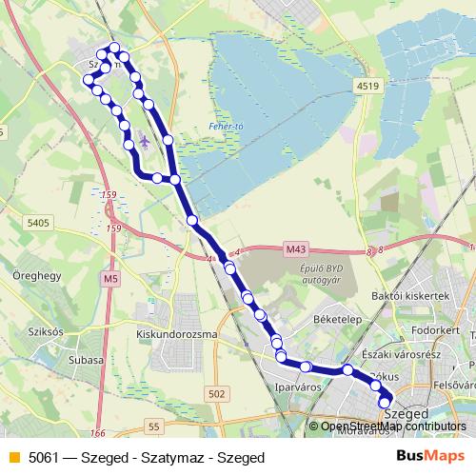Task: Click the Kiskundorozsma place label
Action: click(x=177, y=334)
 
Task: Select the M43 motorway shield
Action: click(x=297, y=249)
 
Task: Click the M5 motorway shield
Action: click(x=112, y=279)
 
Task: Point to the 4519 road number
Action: click(x=368, y=87)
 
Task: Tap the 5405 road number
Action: click(x=39, y=222)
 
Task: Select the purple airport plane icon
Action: click(x=144, y=141)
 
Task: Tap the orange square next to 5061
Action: click(x=11, y=458)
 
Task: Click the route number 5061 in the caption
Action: click(x=44, y=458)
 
